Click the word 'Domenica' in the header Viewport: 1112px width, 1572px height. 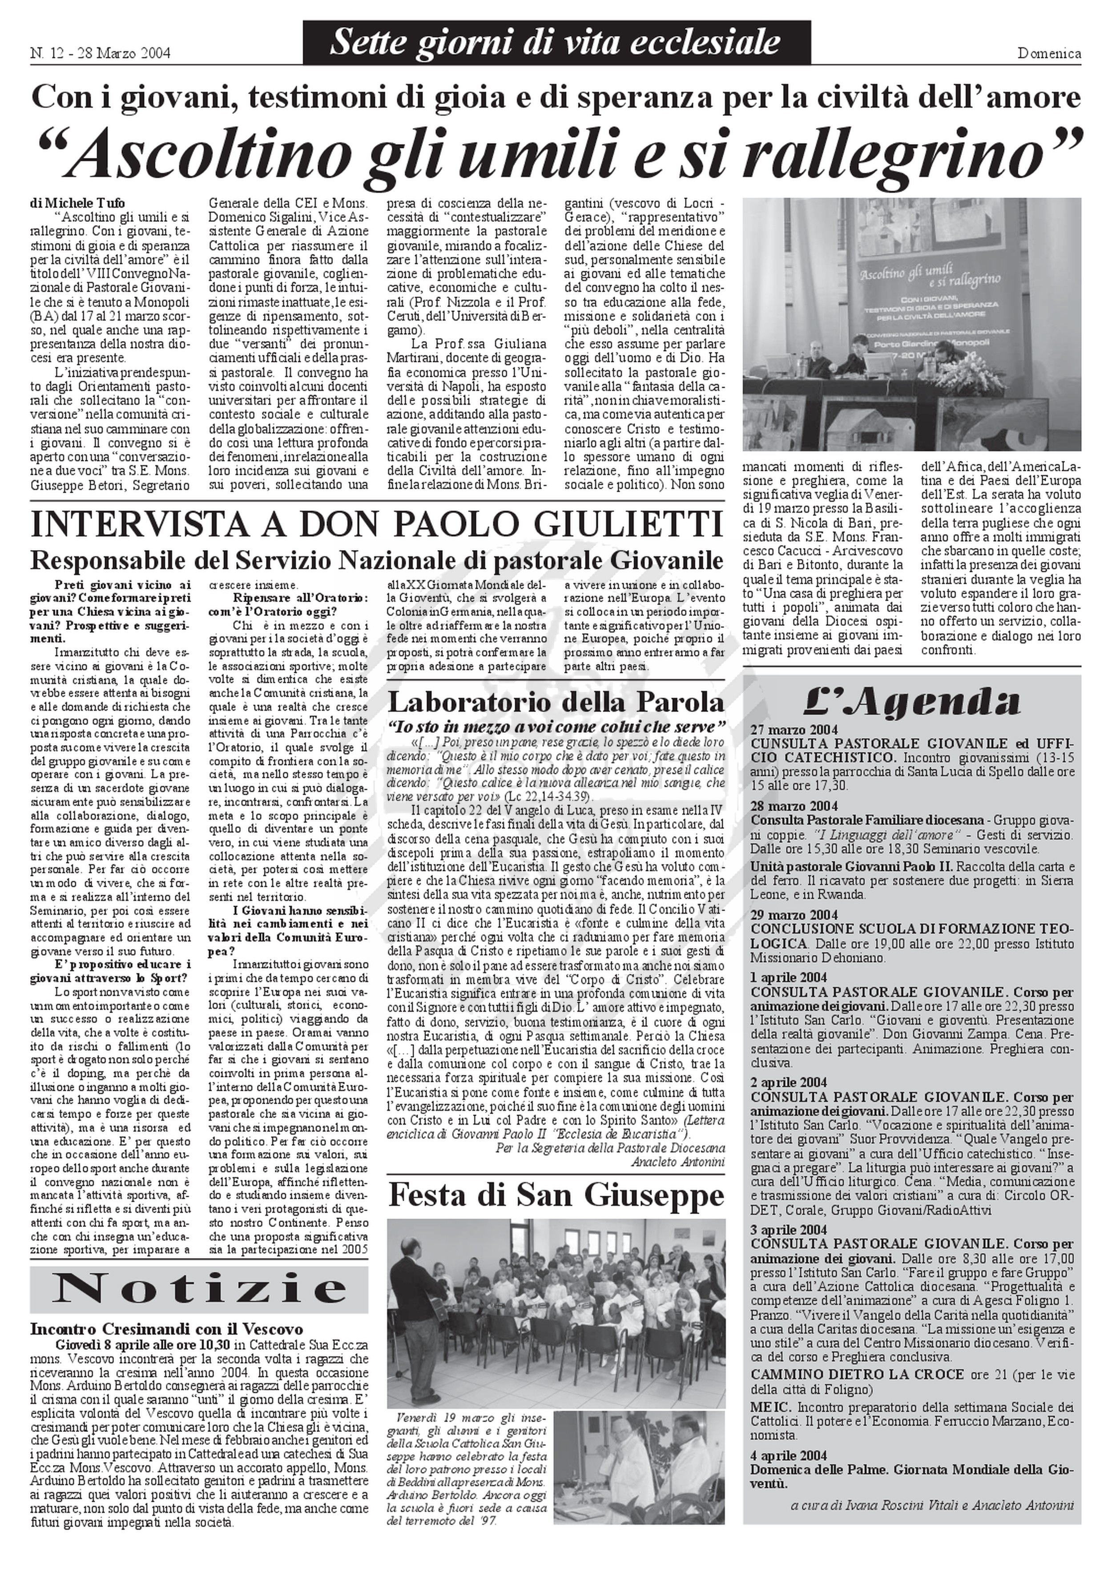click(1049, 53)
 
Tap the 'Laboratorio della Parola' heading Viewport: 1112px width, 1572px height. click(556, 703)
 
